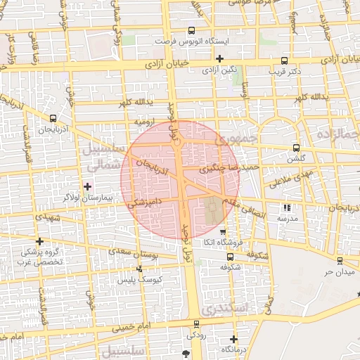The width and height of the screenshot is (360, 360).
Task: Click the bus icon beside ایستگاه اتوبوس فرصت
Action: point(192,31)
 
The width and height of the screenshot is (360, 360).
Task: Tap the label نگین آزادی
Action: point(219,70)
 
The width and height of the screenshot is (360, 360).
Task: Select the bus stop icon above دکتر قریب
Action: point(283,60)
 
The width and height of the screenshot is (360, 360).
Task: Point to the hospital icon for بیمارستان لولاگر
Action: point(87,186)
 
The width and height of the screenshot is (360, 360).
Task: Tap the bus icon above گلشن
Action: point(296,148)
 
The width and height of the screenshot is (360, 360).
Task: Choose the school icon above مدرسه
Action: point(286,207)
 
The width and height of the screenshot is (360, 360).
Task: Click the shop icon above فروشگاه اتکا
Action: point(223,232)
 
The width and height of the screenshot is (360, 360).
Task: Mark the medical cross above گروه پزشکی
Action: point(40,241)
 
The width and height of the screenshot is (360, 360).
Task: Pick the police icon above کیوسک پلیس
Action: point(139,269)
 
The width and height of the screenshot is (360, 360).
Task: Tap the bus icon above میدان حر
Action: point(340,261)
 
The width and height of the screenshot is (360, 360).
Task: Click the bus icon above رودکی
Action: point(196,325)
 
